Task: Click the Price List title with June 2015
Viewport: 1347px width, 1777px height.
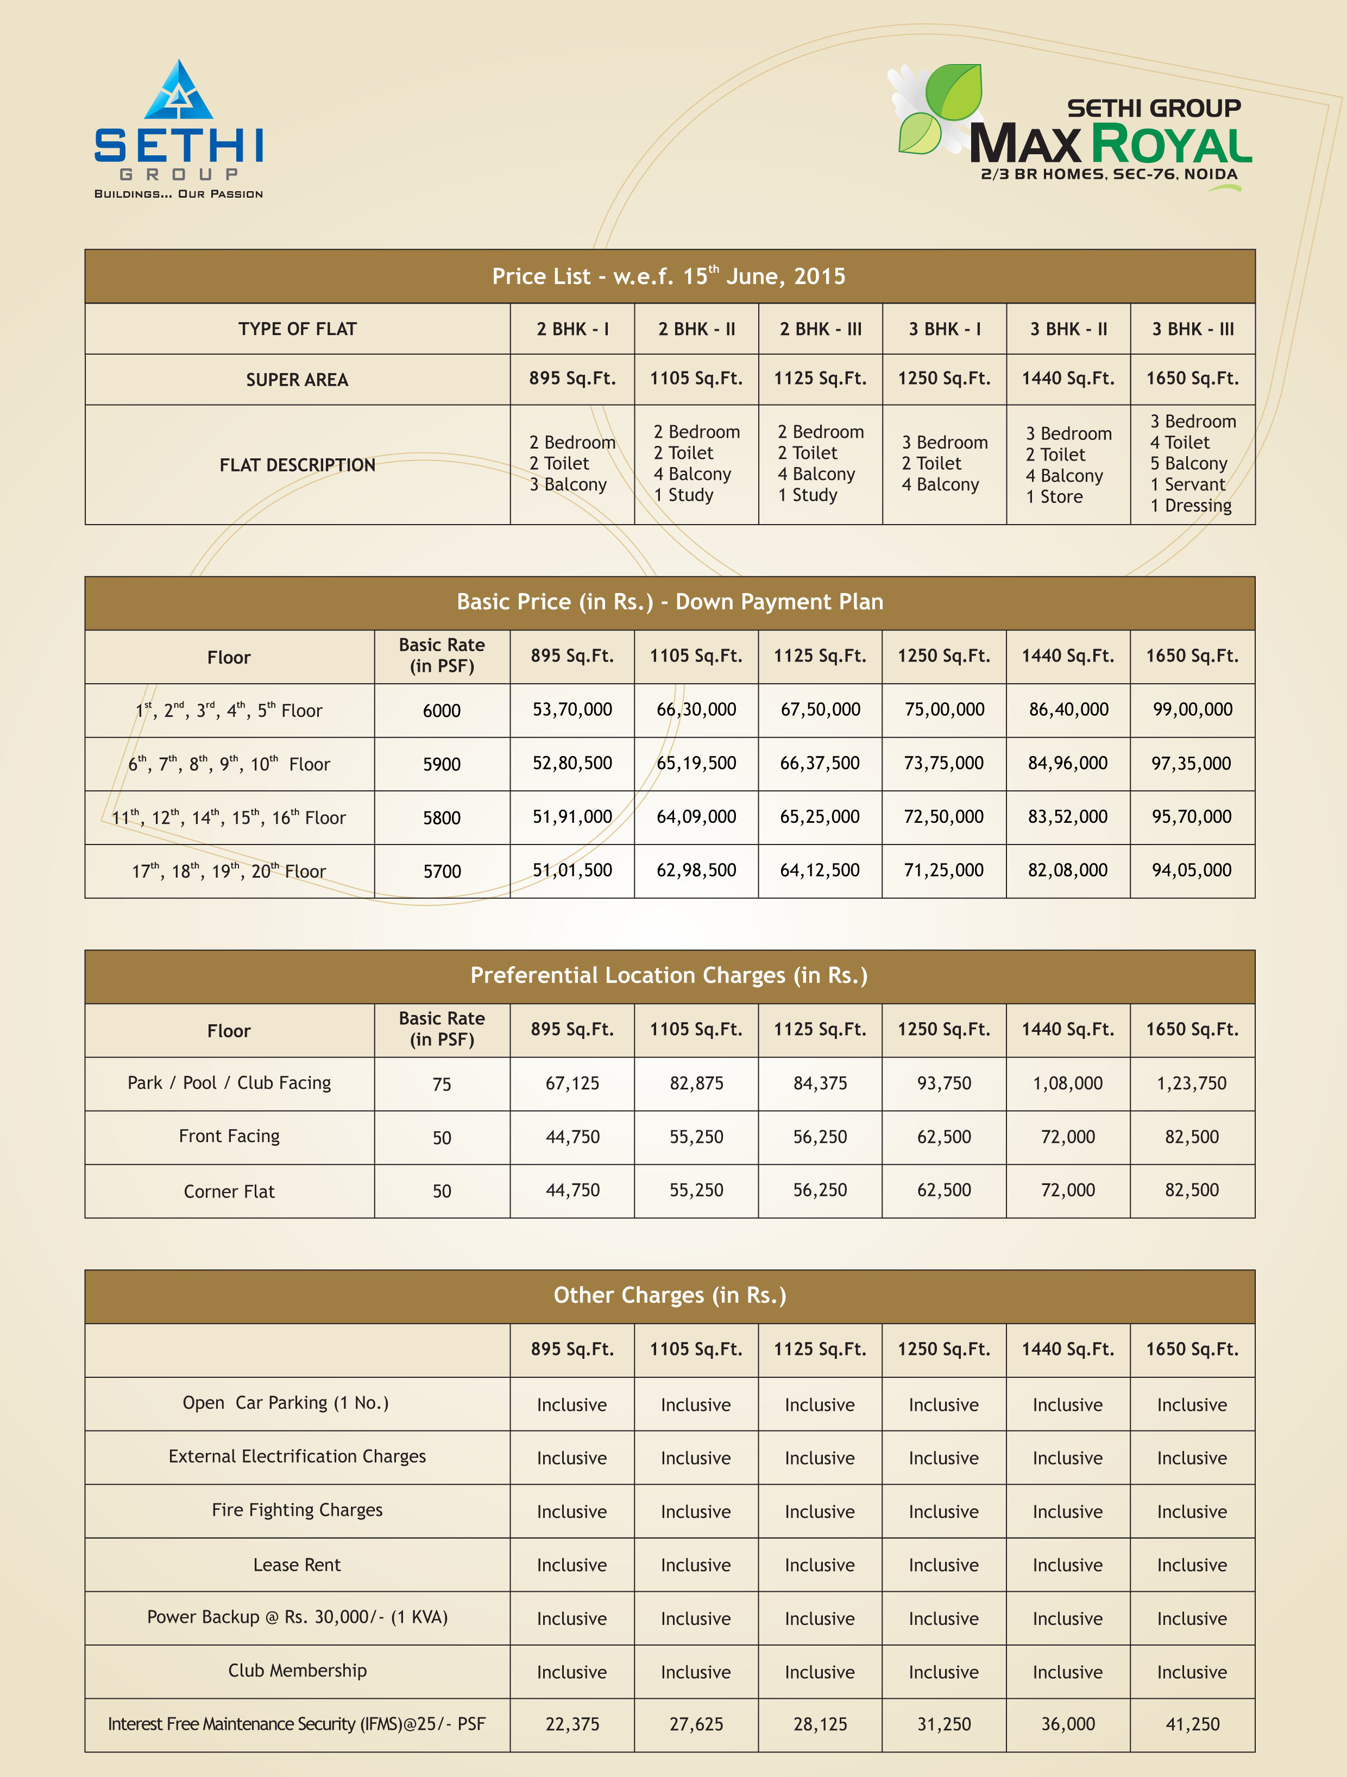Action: click(669, 276)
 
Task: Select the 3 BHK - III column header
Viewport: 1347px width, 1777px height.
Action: click(1192, 329)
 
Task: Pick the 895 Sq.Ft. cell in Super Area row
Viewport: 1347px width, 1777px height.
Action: click(572, 379)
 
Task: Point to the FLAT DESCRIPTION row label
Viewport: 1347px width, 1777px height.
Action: click(297, 465)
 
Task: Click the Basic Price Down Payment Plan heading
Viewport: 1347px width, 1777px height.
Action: click(669, 602)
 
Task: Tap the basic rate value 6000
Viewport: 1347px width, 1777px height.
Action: click(442, 710)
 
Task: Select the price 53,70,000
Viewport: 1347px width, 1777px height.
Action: click(572, 709)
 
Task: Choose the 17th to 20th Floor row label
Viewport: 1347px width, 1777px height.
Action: click(229, 871)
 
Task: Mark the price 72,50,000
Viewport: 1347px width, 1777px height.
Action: click(944, 817)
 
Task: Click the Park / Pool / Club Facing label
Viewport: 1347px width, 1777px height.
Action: click(229, 1083)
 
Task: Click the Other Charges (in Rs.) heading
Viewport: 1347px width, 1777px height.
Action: click(669, 1295)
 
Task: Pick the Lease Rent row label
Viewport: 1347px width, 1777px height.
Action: click(297, 1565)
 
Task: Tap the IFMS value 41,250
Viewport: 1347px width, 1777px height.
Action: click(1192, 1724)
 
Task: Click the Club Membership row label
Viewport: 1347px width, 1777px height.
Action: click(297, 1671)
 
